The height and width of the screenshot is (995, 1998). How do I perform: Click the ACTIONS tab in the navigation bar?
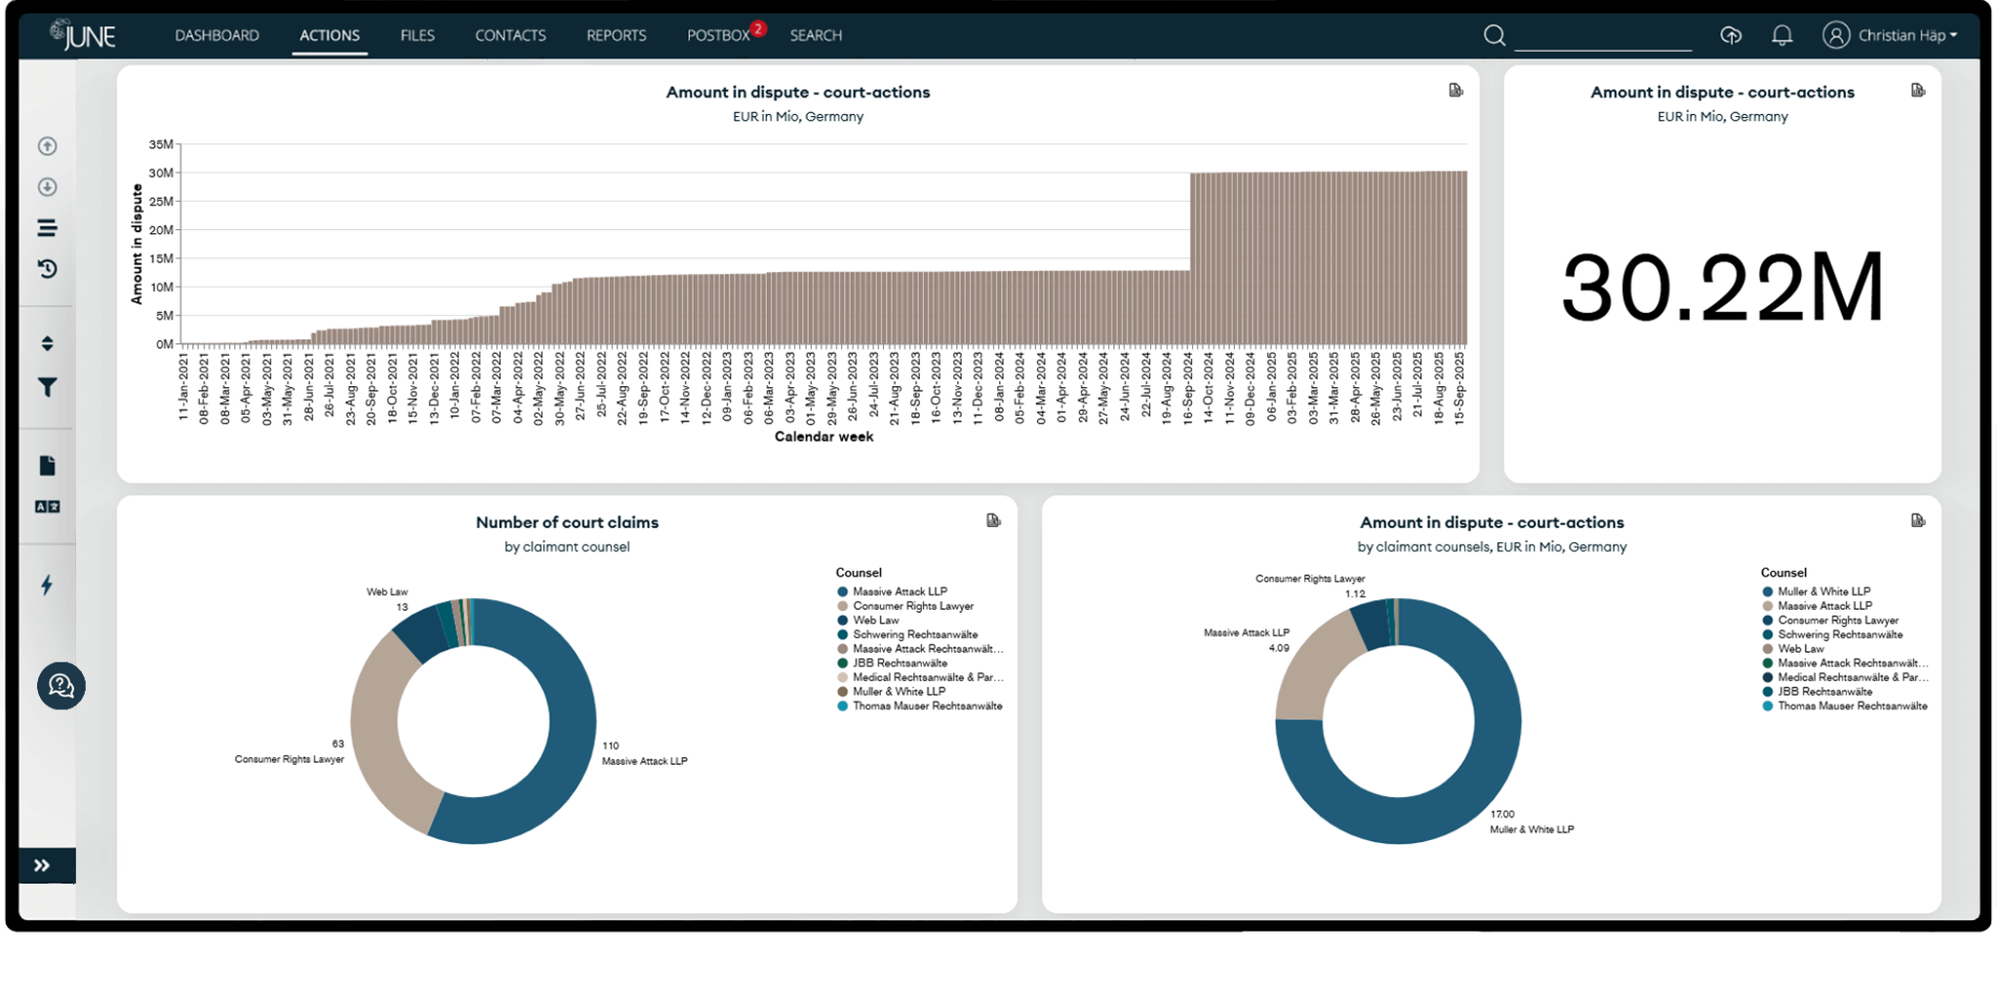pos(329,35)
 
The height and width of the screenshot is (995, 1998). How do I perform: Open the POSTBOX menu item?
pos(718,35)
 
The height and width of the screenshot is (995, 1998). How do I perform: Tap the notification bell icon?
pos(1781,35)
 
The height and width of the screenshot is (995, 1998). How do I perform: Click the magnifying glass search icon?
pos(1494,36)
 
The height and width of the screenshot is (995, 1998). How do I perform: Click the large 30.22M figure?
pos(1722,288)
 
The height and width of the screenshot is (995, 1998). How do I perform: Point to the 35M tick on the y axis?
pos(161,144)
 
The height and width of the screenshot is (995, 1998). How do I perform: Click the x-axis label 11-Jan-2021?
pos(183,387)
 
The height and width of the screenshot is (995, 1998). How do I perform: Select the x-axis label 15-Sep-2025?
pos(1460,387)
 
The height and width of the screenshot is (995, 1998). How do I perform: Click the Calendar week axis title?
pos(823,437)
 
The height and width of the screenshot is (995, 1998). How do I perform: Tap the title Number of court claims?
pos(567,522)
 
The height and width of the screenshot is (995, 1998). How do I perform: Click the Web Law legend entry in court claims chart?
pos(875,620)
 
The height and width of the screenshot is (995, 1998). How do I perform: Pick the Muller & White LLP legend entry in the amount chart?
pos(1822,591)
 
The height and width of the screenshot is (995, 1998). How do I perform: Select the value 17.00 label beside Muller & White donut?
pos(1502,814)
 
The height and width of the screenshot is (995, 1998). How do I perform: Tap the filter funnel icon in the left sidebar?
pos(47,387)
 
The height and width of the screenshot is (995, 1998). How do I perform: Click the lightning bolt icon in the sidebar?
pos(47,584)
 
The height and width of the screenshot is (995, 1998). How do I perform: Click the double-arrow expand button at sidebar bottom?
pos(42,865)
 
